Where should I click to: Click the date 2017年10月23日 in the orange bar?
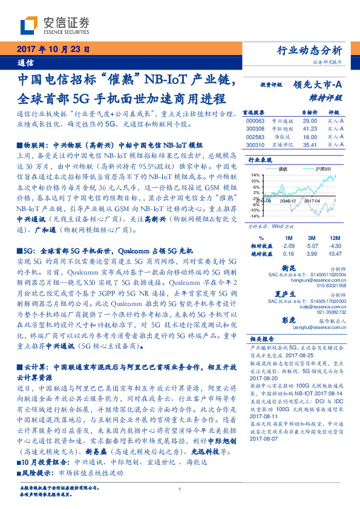(x=53, y=50)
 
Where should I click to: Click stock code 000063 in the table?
(x=256, y=121)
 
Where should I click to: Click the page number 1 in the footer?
(x=180, y=489)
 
